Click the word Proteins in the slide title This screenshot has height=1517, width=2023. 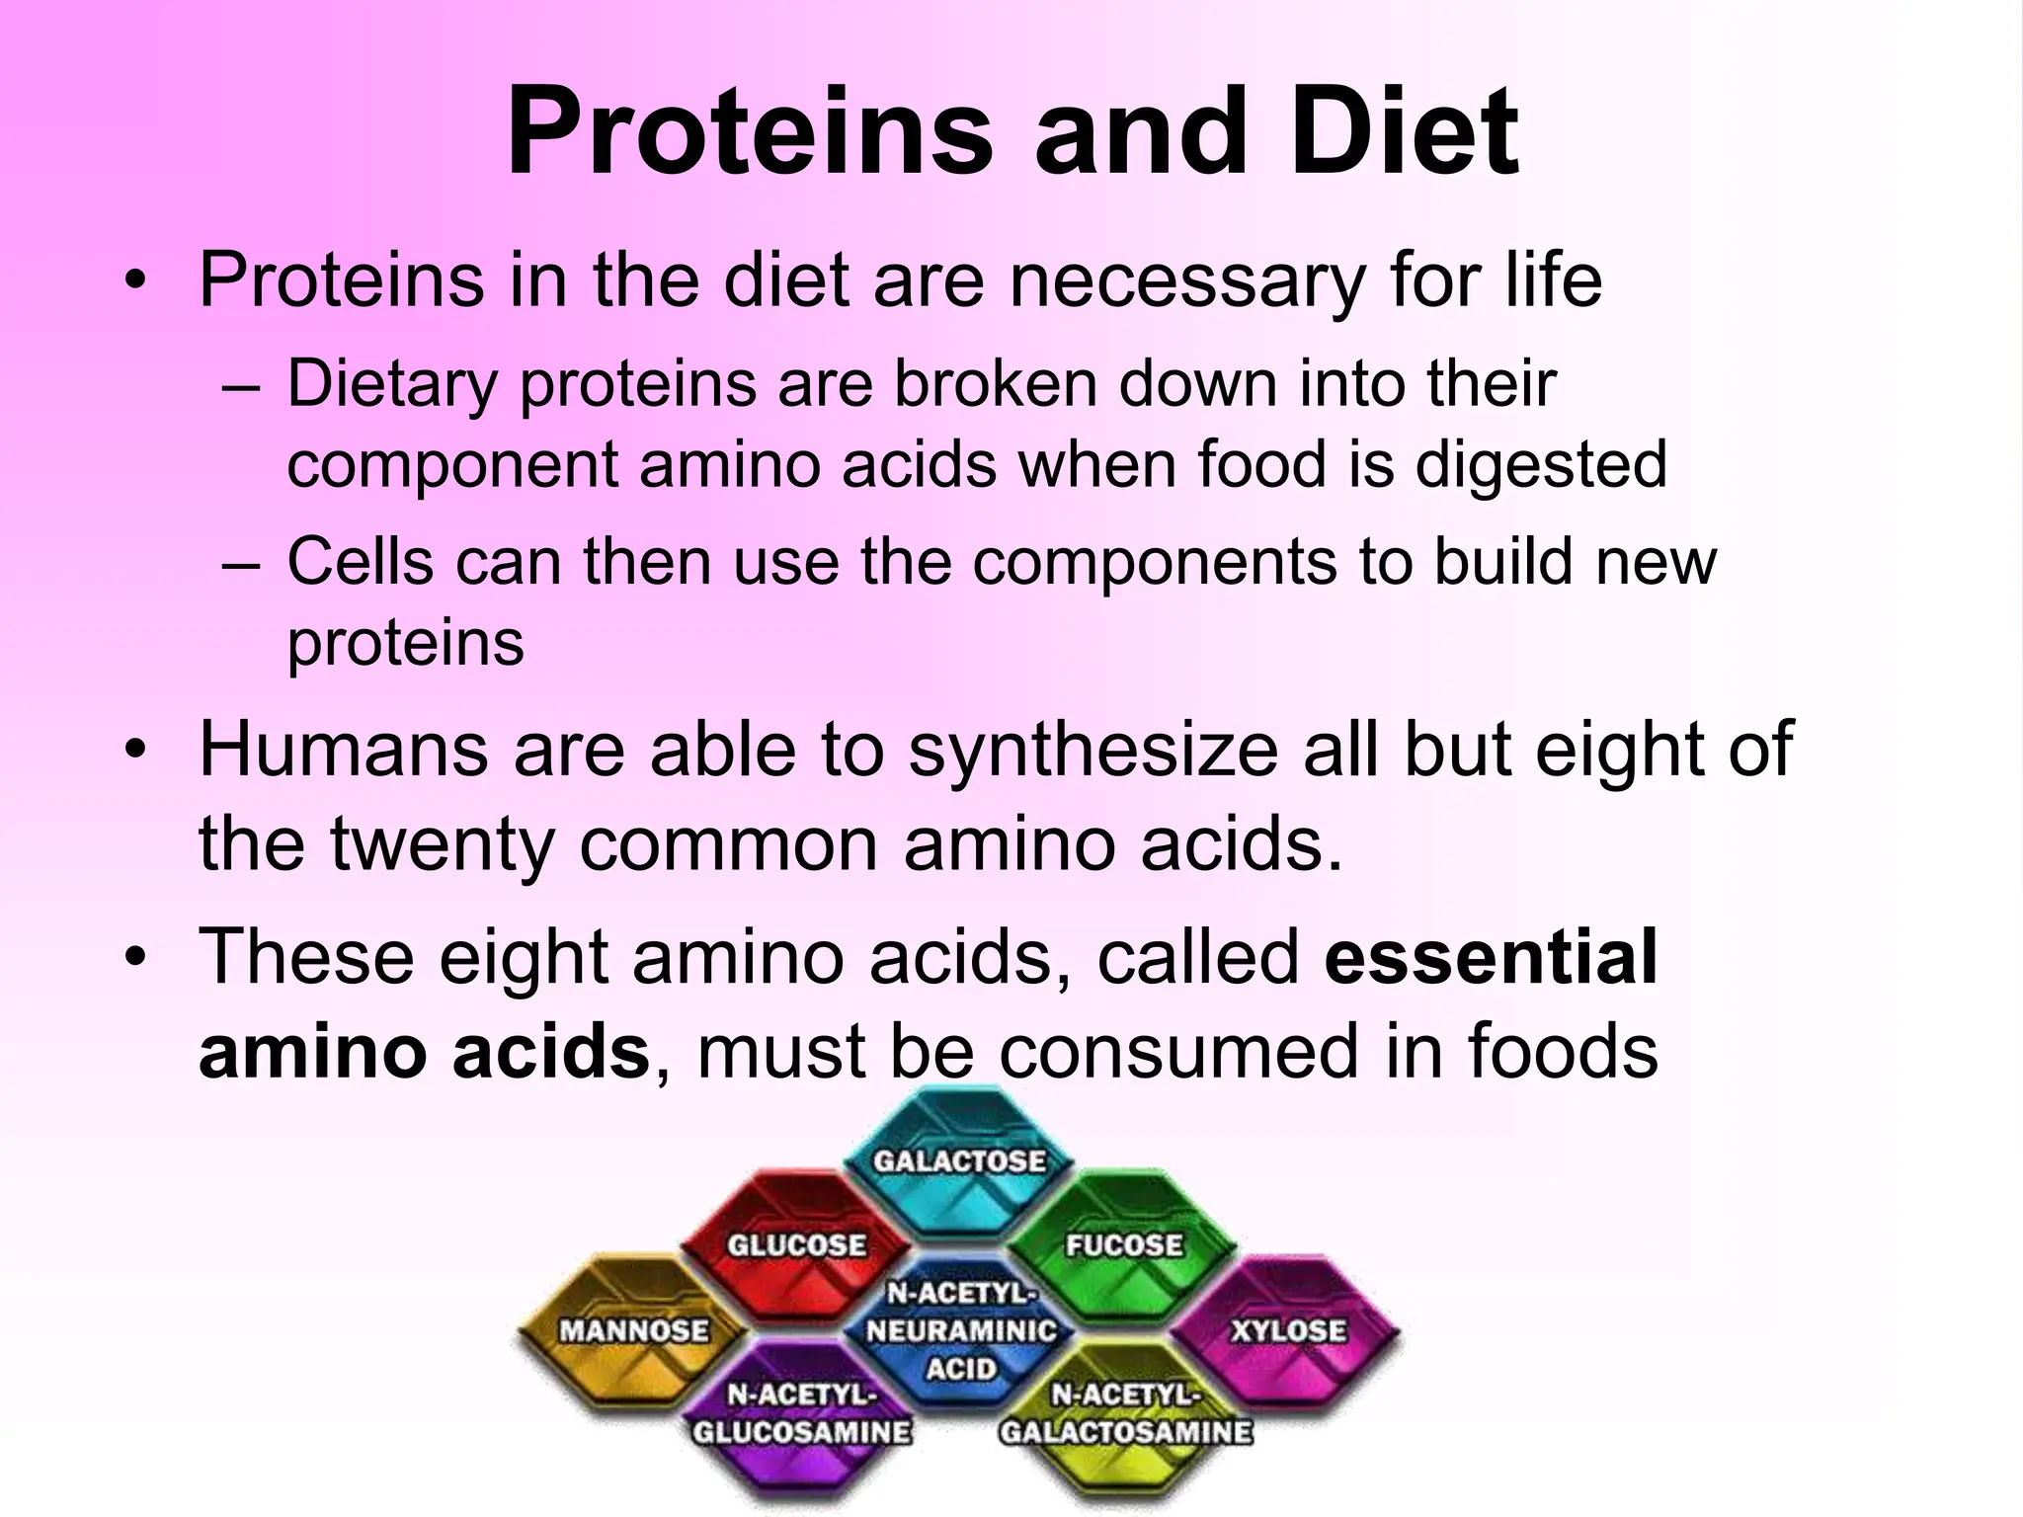pos(749,133)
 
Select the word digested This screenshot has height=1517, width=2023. pos(1540,465)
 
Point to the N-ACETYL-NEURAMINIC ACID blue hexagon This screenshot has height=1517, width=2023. pos(960,1333)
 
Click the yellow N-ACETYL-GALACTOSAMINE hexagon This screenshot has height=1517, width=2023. pos(1125,1417)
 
